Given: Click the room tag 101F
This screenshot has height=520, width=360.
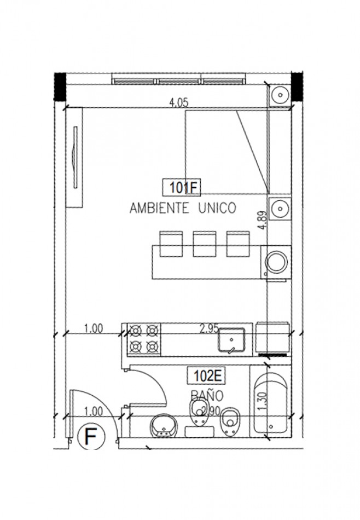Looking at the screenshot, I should (182, 188).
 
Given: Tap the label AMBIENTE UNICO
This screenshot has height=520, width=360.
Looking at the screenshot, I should (182, 208).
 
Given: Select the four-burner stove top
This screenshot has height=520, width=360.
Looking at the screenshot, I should (144, 338).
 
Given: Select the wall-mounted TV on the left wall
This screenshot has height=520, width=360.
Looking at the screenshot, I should (73, 158).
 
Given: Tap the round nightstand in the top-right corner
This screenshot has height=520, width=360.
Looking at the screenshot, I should (280, 94).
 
